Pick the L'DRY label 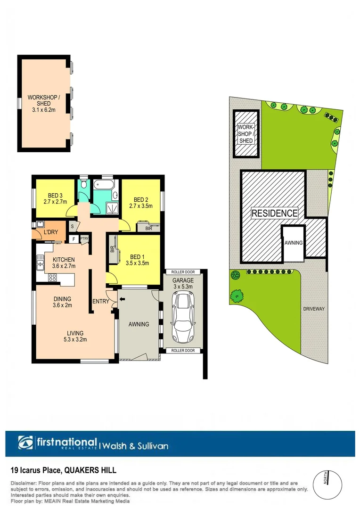pos(50,233)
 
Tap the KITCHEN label pos(64,260)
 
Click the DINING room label pos(62,299)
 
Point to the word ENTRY pos(101,302)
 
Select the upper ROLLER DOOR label pos(183,272)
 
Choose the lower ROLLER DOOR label pos(183,351)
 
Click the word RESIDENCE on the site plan pos(275,213)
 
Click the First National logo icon pos(26,443)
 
